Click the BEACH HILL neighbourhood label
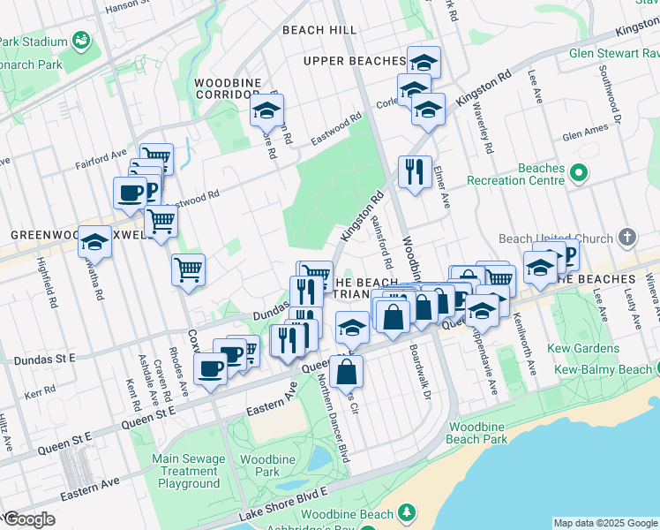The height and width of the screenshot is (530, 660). [319, 30]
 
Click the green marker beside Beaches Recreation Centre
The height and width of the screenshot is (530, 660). [578, 174]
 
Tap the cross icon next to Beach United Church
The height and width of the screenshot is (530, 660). [627, 238]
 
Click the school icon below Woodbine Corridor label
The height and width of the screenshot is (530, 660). [264, 111]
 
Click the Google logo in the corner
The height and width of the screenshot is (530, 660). [28, 519]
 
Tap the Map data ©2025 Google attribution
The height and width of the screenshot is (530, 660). [604, 523]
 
